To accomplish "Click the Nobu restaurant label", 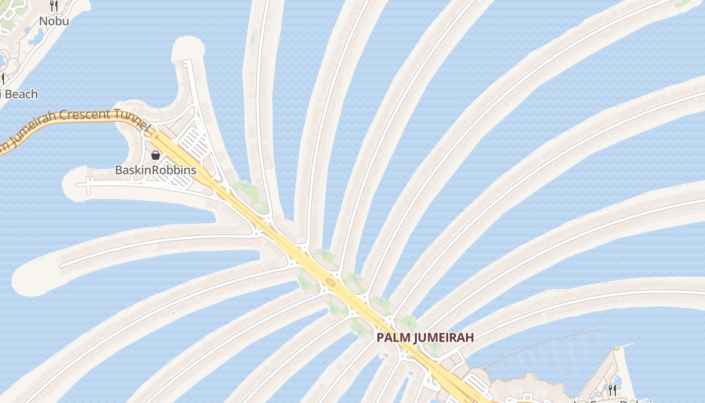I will click(54, 21).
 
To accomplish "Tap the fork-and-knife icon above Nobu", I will click(54, 6).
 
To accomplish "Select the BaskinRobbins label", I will click(156, 170).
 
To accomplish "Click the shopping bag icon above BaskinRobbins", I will click(156, 155).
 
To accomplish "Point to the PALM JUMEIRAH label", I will click(426, 338).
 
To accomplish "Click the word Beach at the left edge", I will click(21, 94).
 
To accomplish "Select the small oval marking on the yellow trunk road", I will click(330, 281).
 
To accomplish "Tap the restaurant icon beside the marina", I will click(612, 389).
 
